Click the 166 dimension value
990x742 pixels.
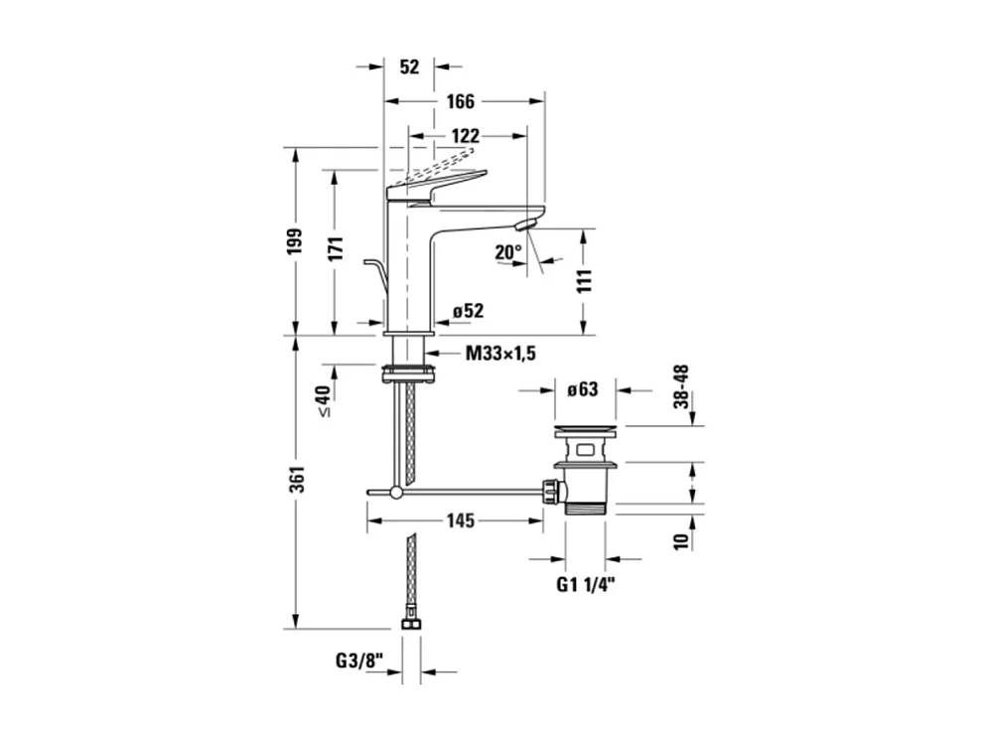pos(461,101)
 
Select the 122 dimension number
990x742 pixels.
pos(466,136)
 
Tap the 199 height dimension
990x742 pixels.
pos(295,241)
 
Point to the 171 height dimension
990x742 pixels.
pos(336,248)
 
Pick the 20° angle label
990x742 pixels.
pos(508,252)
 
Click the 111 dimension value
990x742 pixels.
pos(585,280)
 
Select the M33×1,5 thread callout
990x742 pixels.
pos(500,353)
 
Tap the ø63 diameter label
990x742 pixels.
pos(582,389)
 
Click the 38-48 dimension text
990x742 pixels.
pos(681,386)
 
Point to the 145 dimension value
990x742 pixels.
pos(461,520)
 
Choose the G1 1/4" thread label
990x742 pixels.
pos(585,585)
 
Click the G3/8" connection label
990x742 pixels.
pos(359,662)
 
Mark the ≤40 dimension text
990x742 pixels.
pos(324,401)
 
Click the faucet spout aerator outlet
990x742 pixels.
pos(525,223)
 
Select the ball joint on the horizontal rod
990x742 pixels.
pos(396,492)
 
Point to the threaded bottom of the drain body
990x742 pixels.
pos(585,508)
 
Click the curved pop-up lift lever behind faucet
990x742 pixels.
pos(376,272)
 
